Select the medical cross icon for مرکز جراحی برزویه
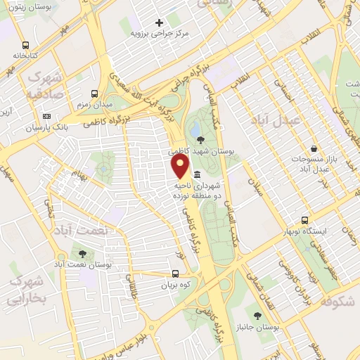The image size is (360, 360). (160, 23)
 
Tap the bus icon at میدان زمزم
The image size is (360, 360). (96, 94)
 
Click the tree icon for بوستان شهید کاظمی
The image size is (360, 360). (202, 139)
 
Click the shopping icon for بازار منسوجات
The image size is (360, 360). (313, 149)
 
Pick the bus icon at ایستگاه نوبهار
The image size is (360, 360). (304, 220)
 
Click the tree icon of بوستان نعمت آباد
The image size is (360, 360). (84, 253)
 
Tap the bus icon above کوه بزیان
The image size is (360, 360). (176, 274)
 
